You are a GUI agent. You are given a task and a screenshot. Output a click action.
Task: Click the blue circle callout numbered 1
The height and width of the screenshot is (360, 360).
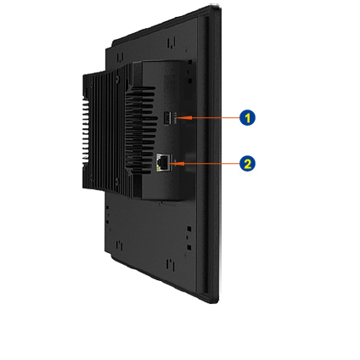click(247, 118)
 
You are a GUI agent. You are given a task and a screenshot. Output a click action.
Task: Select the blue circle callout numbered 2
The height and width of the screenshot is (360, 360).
click(247, 164)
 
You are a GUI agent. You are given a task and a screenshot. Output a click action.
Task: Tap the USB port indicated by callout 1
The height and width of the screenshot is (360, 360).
click(167, 118)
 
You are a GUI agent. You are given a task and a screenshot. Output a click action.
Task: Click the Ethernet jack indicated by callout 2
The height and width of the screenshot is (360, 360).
click(163, 162)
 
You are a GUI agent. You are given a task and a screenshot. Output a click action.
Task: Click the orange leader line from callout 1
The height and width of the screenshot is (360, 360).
click(211, 117)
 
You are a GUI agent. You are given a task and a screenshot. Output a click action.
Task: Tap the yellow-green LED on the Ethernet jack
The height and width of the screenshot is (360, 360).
click(158, 168)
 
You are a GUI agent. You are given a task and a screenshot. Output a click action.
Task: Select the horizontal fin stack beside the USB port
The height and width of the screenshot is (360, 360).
click(141, 130)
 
